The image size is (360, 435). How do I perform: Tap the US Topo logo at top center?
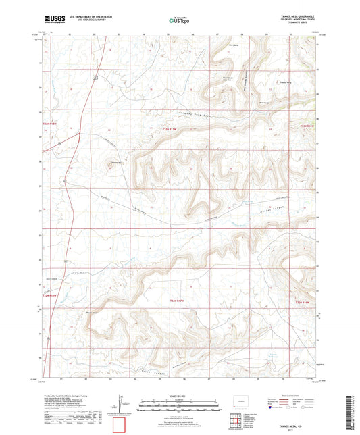(x=179, y=21)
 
